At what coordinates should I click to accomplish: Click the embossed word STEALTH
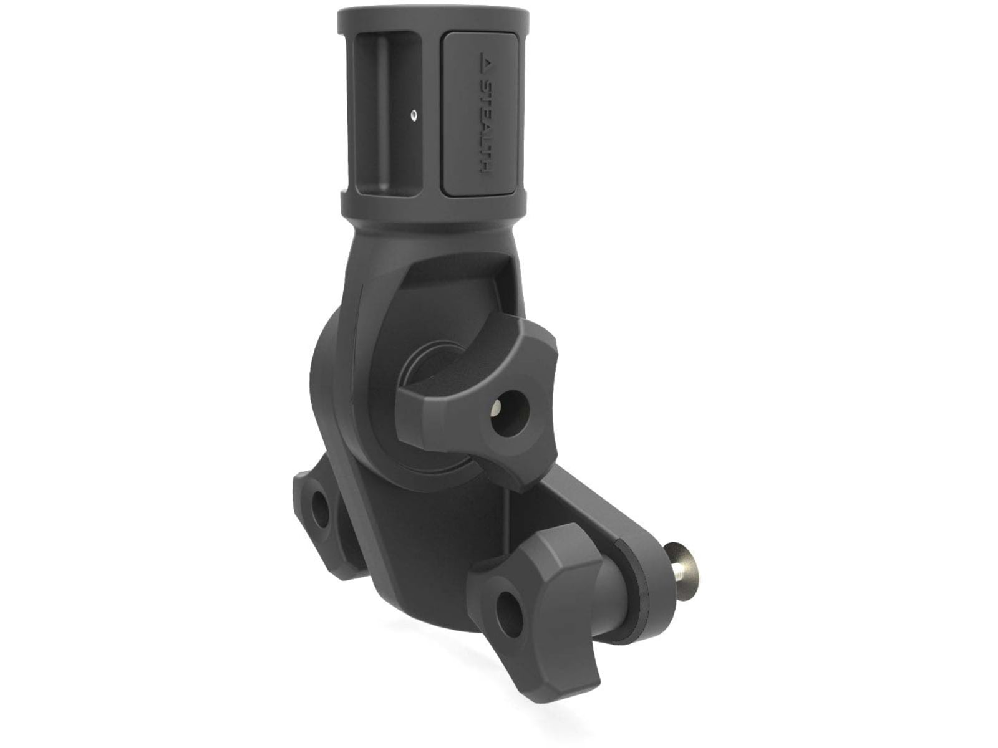[483, 128]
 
